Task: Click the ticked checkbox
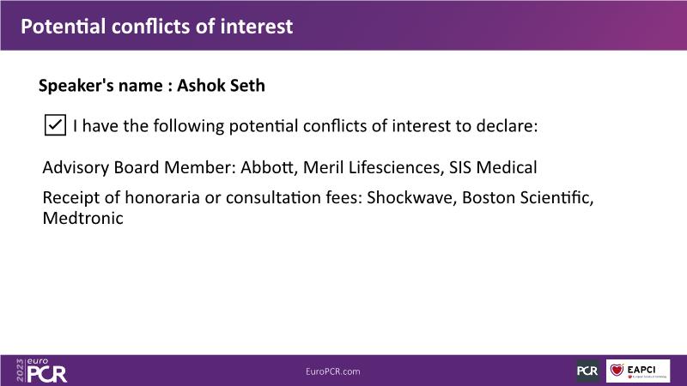click(55, 125)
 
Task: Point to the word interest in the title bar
click(256, 27)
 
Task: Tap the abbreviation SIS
click(460, 167)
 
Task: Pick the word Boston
click(489, 197)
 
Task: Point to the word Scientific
click(556, 197)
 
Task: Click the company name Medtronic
click(82, 218)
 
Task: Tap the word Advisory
click(76, 167)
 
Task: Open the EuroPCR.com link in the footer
click(333, 371)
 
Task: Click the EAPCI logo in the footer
click(638, 371)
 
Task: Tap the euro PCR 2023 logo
click(41, 371)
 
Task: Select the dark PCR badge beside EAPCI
click(587, 371)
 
